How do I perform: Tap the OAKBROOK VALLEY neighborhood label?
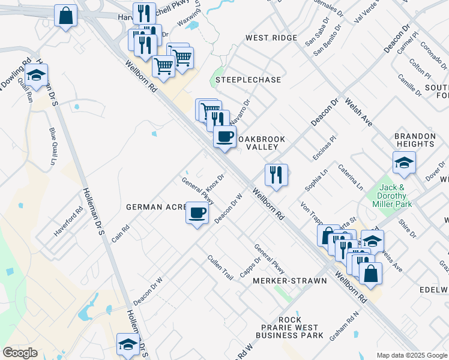coord(262,143)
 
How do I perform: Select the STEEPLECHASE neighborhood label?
coord(240,79)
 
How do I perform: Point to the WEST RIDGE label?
coord(271,38)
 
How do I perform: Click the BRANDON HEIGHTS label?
coord(414,140)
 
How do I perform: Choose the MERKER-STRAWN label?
coord(290,281)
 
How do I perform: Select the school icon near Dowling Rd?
coord(37,76)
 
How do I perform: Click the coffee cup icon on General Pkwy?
coord(197,213)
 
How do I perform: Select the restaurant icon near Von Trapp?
coord(276,175)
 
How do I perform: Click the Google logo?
coord(20,353)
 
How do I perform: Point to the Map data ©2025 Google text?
coord(411,355)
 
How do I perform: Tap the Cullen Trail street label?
coord(220,268)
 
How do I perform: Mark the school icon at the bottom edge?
coord(127,345)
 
